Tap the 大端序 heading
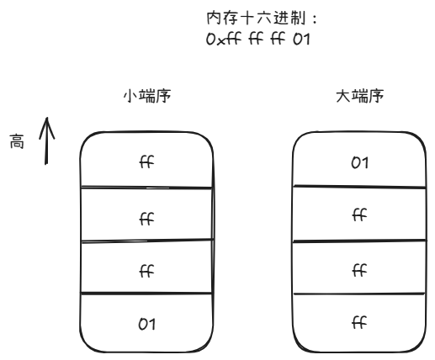tap(358, 98)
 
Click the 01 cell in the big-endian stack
tap(359, 161)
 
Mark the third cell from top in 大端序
tap(359, 269)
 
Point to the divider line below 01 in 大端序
tap(359, 187)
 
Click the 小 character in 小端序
tap(130, 98)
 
